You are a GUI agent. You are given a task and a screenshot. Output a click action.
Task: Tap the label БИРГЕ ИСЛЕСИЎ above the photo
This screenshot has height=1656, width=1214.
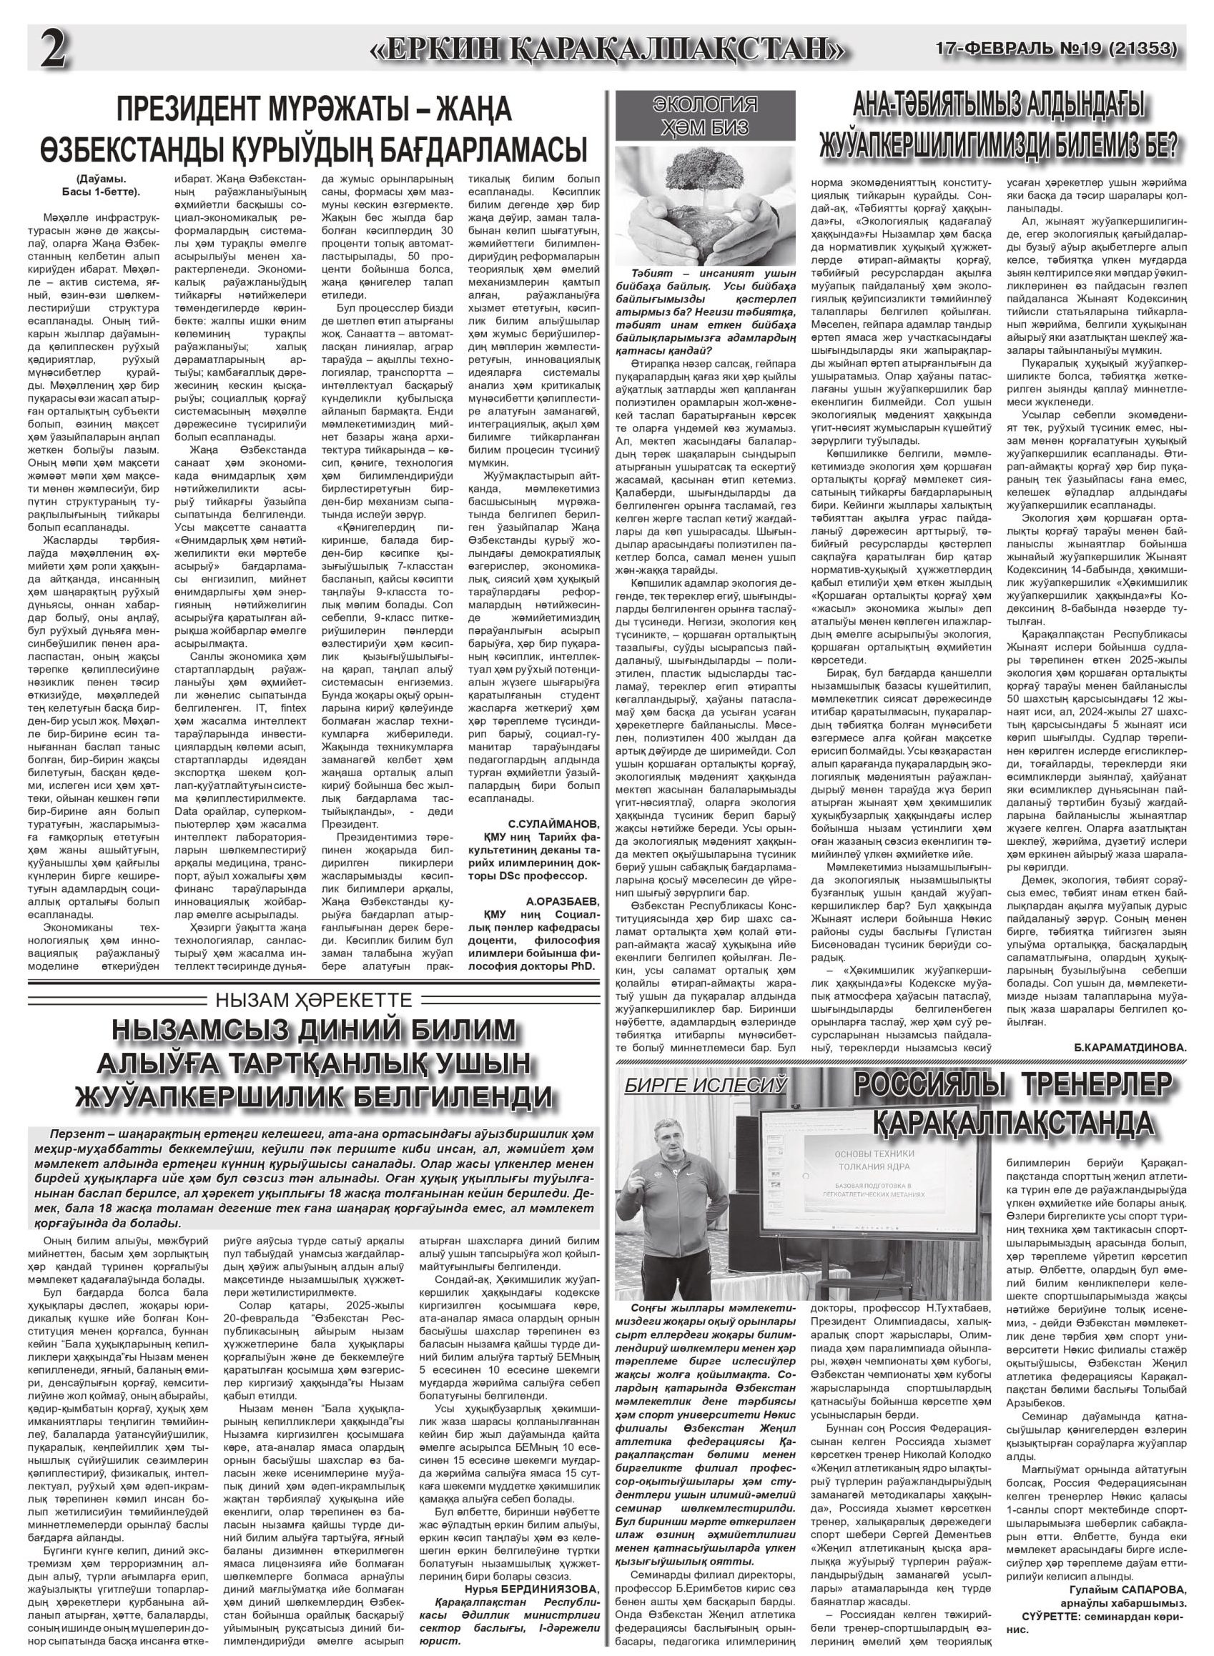(x=705, y=1085)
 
